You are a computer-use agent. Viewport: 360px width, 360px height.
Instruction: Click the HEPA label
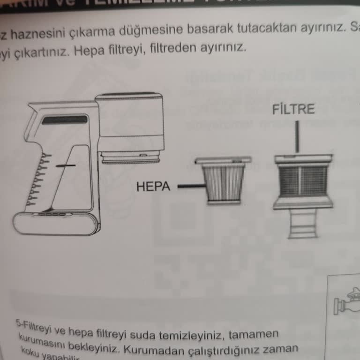point(153,187)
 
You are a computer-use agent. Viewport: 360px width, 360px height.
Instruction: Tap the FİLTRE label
point(293,110)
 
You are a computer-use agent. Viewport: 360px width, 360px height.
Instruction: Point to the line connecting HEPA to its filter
point(189,187)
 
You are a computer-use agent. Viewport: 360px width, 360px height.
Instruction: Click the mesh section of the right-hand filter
point(303,181)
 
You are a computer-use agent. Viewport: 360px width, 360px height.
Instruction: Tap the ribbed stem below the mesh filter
point(303,224)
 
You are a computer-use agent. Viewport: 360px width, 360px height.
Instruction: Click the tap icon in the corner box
point(347,304)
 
